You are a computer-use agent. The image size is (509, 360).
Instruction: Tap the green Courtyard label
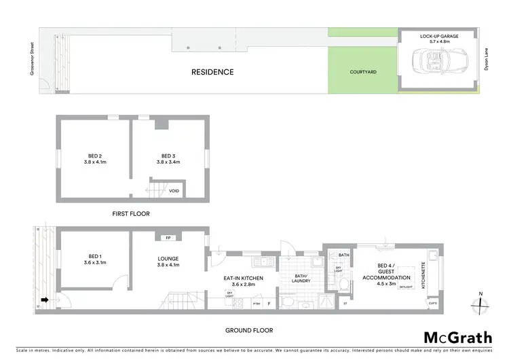coord(363,71)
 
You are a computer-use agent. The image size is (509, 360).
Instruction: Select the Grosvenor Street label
coord(32,60)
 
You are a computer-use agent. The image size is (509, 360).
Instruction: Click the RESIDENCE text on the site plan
coord(212,72)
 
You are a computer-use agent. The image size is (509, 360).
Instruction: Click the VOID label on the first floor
coord(174,191)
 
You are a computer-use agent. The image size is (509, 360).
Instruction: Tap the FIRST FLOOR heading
coord(131,213)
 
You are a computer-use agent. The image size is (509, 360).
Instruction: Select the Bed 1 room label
coord(92,259)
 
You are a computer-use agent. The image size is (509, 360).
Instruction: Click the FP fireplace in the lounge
coord(167,238)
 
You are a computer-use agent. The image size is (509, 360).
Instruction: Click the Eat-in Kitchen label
coord(243,281)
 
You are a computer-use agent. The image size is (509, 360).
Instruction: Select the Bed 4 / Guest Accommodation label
coord(387,273)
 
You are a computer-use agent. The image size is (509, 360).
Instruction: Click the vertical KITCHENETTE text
coord(424,275)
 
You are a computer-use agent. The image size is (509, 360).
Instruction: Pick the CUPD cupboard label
coord(432,303)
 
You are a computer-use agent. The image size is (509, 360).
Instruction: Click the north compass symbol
coord(480,304)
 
